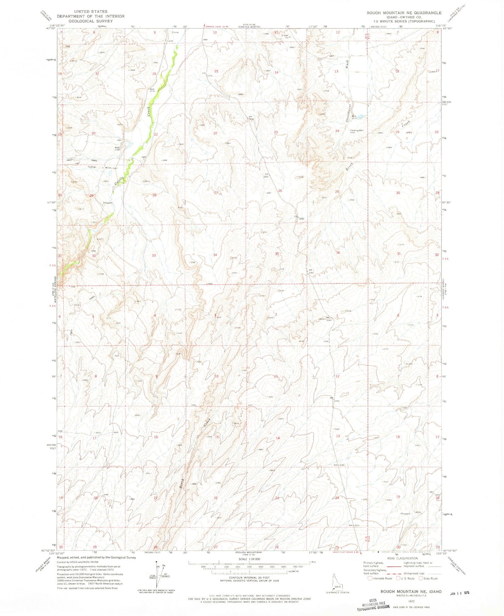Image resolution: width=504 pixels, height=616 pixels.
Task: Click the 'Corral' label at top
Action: click(175, 32)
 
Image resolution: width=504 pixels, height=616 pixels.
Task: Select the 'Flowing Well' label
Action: click(357, 131)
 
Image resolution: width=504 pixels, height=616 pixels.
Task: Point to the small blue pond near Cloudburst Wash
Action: click(360, 117)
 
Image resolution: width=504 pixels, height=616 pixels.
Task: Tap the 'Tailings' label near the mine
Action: click(92, 167)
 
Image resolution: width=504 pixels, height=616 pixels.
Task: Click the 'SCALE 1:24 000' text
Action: click(249, 559)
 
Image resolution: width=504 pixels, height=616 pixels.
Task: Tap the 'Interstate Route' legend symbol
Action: click(370, 578)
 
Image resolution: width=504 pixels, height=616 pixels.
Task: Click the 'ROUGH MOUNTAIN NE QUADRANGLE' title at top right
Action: click(404, 13)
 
